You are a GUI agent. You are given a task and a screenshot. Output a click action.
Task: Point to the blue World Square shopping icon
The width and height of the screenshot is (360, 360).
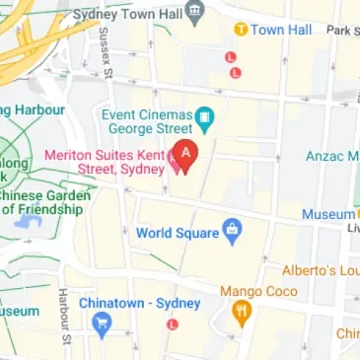coord(233,234)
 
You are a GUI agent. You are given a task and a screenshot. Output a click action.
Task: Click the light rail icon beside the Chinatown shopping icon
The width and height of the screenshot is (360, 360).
coord(174,324)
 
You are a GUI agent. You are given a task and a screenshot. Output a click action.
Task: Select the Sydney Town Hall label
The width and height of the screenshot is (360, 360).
coord(128,17)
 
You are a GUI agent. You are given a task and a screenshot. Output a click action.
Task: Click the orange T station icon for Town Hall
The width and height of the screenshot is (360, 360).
coord(240,31)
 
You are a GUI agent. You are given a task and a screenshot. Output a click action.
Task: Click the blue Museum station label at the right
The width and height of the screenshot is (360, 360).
coord(328,214)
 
